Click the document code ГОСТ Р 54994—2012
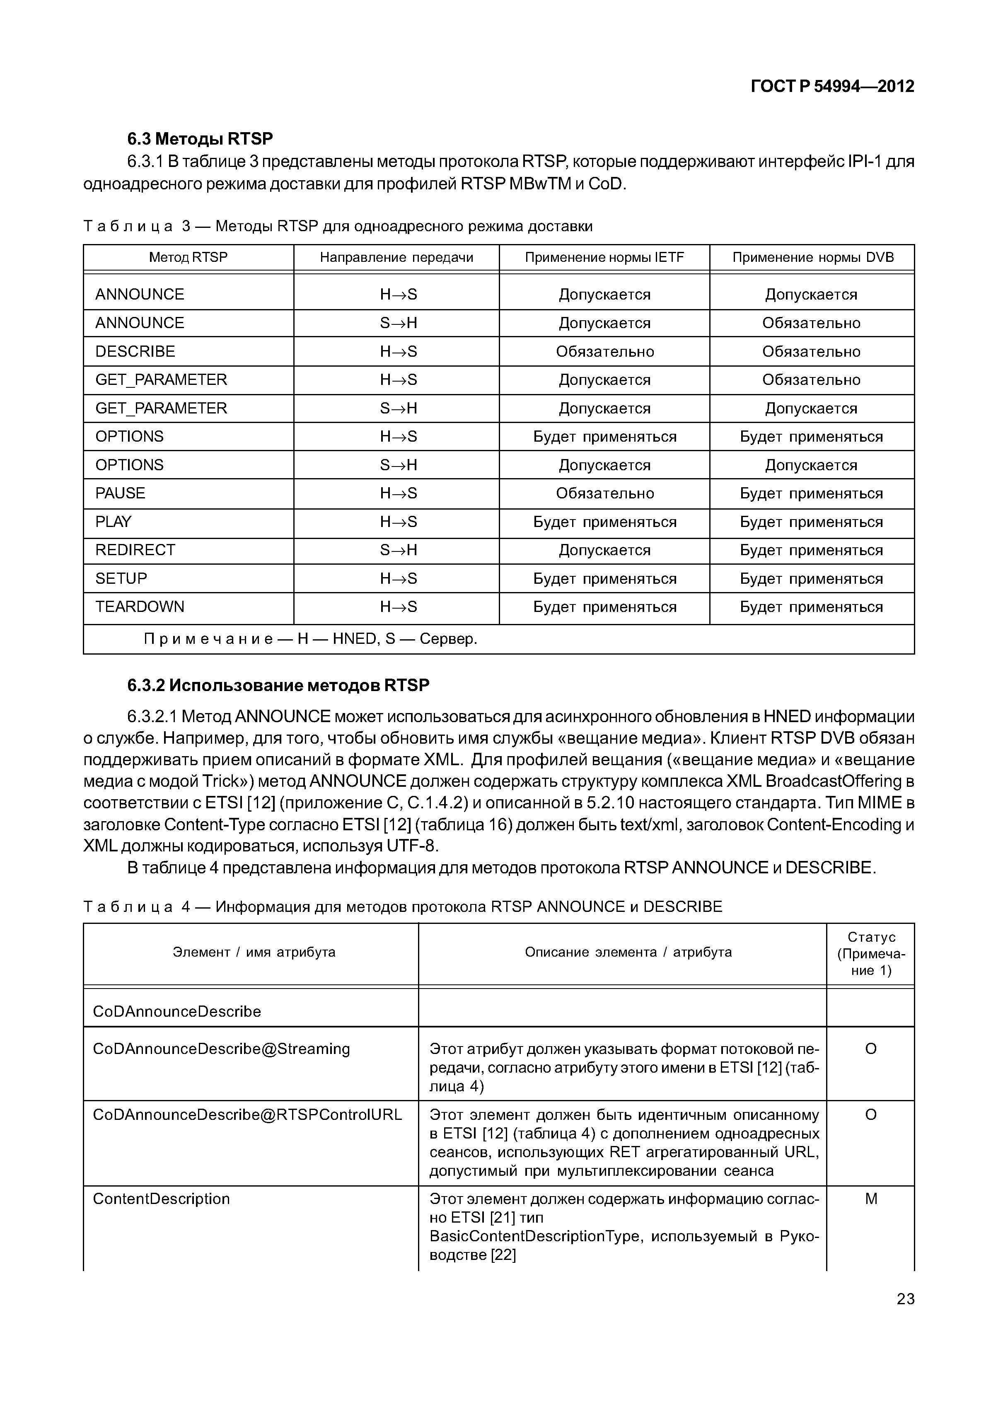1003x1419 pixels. tap(832, 87)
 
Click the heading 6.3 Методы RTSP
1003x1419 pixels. tap(200, 138)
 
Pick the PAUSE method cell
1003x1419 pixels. tap(121, 493)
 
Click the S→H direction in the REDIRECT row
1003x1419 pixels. tap(399, 550)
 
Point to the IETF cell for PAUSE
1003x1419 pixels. tap(604, 493)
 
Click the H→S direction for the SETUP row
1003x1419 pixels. tap(399, 578)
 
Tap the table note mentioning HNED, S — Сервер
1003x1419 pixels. tap(310, 638)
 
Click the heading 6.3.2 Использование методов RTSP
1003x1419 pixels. tap(278, 685)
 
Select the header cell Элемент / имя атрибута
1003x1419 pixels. tap(254, 952)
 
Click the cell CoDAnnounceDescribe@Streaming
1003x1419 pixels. tap(221, 1049)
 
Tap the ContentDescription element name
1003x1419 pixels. tap(161, 1198)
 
